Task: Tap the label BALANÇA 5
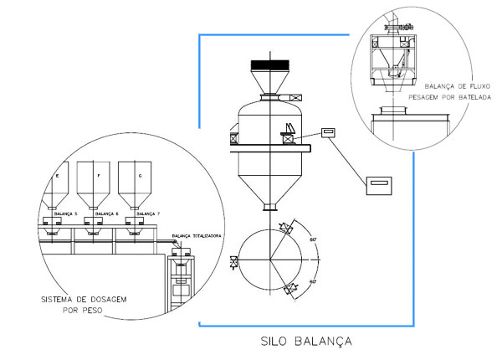click(65, 214)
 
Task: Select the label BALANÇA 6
click(105, 214)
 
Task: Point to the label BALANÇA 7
click(146, 214)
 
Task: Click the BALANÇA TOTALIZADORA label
click(196, 237)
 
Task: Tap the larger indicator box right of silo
click(382, 183)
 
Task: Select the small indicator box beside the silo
click(326, 131)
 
